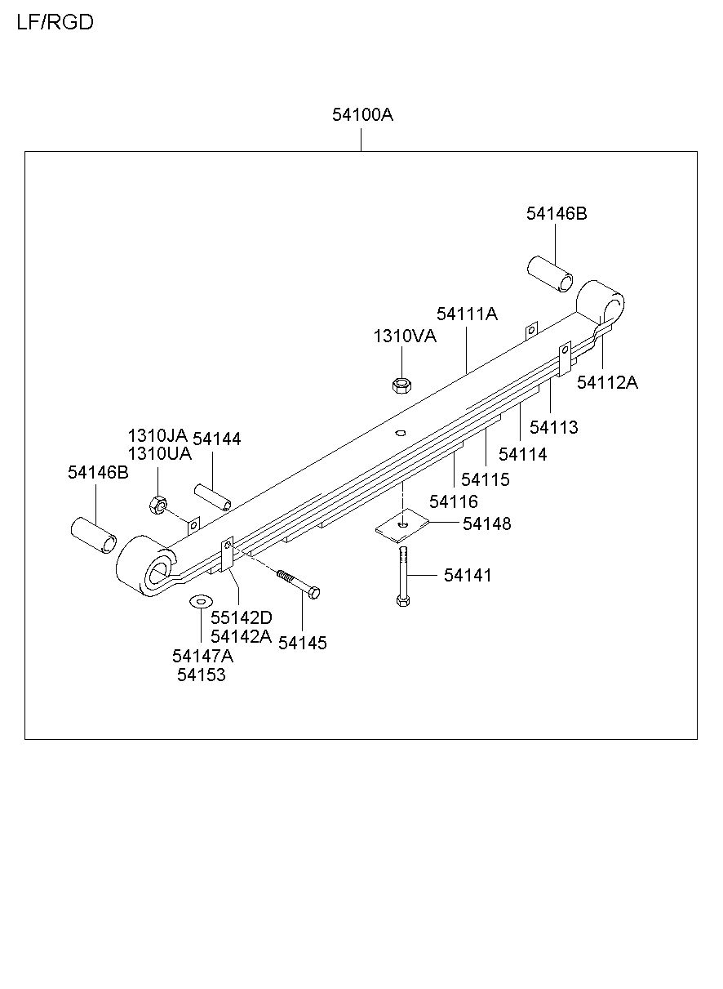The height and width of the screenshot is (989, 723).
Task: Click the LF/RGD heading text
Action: point(55,22)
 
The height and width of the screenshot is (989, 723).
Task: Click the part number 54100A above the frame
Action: point(362,115)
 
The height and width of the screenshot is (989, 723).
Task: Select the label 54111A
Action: point(467,314)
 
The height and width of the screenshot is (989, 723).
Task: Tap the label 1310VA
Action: point(405,336)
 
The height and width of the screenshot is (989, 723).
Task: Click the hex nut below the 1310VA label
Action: point(401,385)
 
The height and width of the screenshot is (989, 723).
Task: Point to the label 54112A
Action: point(607,382)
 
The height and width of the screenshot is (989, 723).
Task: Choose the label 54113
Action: point(553,427)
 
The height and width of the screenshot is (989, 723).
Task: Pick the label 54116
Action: point(454,501)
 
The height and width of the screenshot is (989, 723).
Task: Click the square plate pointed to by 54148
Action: point(402,524)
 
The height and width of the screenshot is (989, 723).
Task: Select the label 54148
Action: point(486,523)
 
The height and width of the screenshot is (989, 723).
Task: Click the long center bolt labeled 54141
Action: point(403,577)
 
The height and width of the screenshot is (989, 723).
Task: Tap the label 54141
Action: point(468,575)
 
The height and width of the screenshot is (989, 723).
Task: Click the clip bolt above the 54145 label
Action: point(298,584)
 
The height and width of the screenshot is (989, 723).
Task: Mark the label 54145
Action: point(303,643)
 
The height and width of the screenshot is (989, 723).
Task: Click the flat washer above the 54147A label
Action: point(201,601)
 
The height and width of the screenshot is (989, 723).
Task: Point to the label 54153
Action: point(202,675)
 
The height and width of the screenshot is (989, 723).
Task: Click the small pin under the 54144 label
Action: point(213,497)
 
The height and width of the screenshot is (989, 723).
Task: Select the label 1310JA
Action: point(157,436)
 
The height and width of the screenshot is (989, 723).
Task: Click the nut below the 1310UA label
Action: point(158,505)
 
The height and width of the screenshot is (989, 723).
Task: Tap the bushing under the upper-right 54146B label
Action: point(551,274)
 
